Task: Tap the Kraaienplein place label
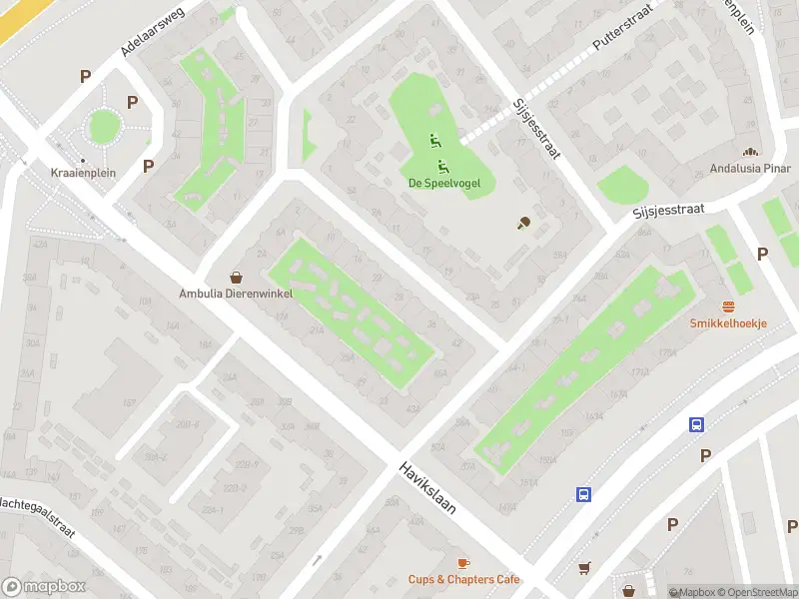pos(83,173)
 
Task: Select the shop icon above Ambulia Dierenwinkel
pos(237,278)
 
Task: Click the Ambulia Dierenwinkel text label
pos(237,294)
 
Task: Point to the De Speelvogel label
pos(439,183)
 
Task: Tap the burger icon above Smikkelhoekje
pos(728,306)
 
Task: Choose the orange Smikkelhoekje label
pos(728,322)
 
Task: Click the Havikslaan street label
pos(427,488)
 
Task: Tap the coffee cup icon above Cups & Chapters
pos(463,563)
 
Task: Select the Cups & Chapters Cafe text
pos(463,579)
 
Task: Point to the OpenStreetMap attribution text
pos(755,592)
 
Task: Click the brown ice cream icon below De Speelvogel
pos(522,224)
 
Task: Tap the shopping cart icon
pos(584,568)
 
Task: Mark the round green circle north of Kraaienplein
pos(104,126)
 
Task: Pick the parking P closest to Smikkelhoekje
pos(763,254)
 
